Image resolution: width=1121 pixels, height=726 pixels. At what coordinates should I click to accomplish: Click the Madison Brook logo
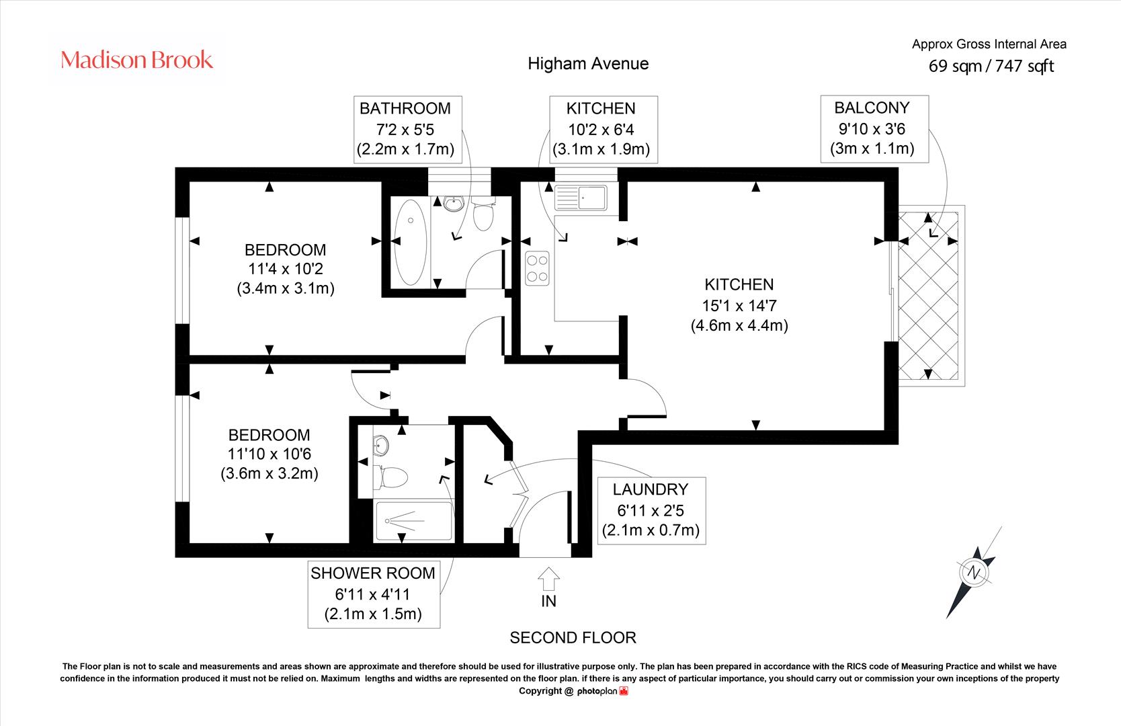(136, 60)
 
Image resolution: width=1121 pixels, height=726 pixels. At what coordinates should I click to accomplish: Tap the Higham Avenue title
(588, 64)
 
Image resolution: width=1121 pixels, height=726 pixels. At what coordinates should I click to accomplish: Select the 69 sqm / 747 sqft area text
(991, 66)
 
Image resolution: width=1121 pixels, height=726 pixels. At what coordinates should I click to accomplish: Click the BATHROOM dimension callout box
(407, 130)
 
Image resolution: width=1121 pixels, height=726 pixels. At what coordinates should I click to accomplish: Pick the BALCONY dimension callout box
(874, 129)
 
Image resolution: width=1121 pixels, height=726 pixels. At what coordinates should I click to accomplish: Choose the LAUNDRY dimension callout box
(652, 511)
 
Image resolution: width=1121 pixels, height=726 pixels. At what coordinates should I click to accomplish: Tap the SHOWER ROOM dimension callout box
(374, 594)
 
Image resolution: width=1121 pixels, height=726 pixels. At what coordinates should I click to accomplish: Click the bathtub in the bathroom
(411, 242)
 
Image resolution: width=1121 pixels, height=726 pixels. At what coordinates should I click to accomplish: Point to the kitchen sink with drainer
(581, 197)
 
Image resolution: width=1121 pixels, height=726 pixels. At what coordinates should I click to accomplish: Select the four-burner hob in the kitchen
(537, 268)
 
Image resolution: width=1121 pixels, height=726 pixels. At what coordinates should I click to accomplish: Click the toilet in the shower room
(389, 477)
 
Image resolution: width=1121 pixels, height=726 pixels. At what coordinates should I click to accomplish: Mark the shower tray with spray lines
(413, 521)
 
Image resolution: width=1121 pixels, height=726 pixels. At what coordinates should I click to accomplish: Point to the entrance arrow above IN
(548, 579)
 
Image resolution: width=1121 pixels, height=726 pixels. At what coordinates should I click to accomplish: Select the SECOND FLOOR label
(573, 638)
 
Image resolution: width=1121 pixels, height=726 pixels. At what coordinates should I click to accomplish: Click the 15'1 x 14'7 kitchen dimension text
(739, 305)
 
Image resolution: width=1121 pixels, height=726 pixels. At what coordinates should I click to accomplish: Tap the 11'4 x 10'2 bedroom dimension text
(286, 269)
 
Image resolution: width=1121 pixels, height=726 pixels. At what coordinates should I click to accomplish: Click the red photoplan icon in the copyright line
(624, 691)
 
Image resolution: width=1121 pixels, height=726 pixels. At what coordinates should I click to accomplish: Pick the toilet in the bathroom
(483, 214)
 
